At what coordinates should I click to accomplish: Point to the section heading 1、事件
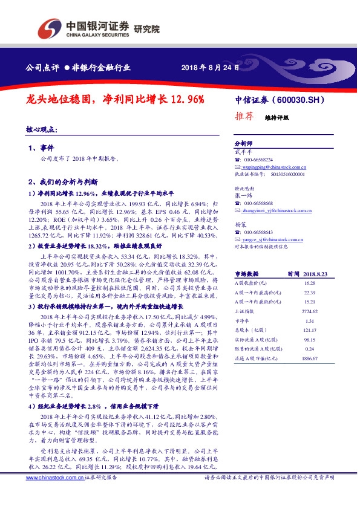pyautogui.click(x=42, y=148)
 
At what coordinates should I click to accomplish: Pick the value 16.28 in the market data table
pyautogui.click(x=310, y=282)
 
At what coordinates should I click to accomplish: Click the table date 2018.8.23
pyautogui.click(x=316, y=273)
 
